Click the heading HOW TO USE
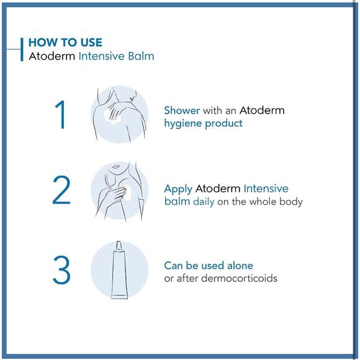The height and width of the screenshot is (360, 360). tap(65, 43)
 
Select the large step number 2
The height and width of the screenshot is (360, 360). tap(61, 191)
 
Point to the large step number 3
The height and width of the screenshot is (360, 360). tap(61, 271)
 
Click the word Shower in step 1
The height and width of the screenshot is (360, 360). tap(182, 110)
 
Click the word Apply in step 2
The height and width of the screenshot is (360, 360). tap(178, 189)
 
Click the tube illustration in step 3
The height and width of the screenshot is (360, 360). tap(119, 271)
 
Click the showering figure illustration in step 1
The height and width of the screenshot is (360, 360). tap(119, 114)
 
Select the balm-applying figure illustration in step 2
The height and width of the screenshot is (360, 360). tap(119, 191)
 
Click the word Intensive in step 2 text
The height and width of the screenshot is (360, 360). tap(266, 189)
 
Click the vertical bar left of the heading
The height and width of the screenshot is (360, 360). tap(23, 49)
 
